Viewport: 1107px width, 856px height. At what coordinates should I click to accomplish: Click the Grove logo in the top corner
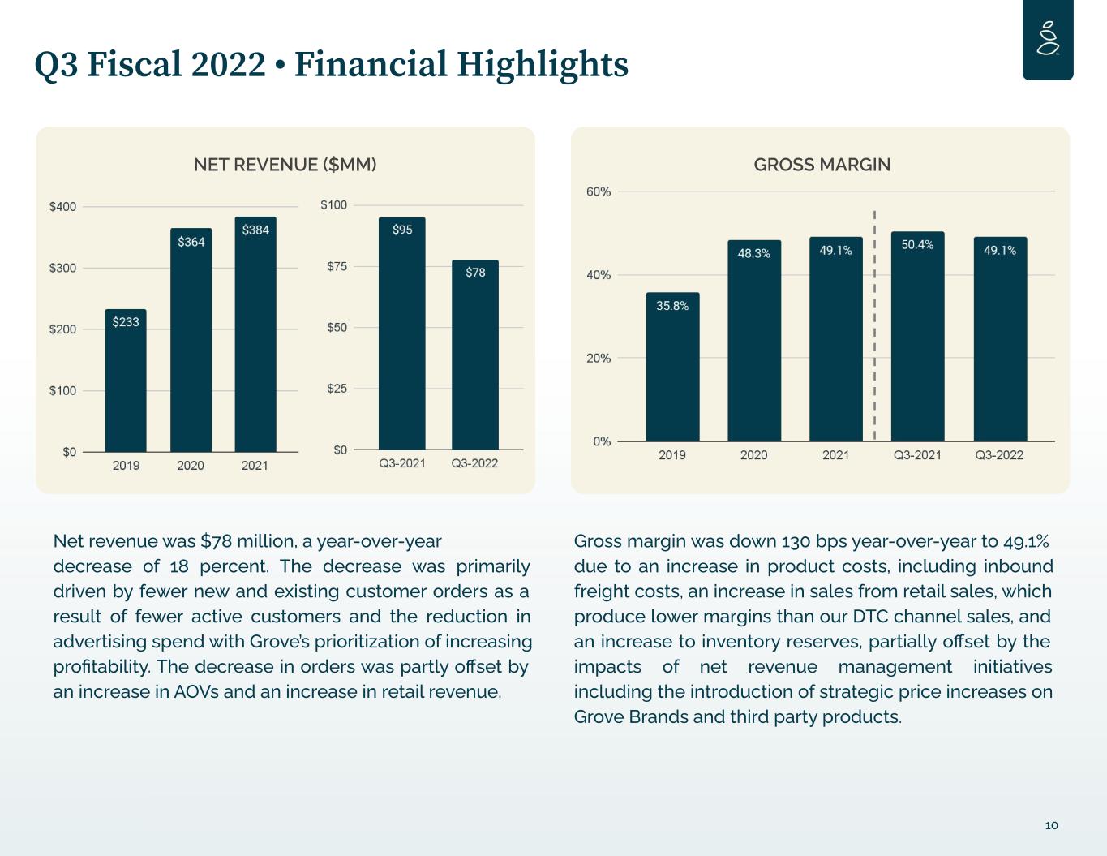pos(1048,38)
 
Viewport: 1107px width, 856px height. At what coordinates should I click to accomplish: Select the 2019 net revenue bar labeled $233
pos(126,380)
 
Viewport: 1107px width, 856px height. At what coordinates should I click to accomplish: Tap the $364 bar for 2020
pos(191,340)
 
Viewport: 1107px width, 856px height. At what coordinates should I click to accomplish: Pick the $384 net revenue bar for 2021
pos(255,334)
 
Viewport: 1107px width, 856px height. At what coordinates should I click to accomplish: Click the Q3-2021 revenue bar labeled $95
pos(402,333)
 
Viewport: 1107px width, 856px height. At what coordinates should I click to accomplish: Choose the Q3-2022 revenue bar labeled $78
pos(474,355)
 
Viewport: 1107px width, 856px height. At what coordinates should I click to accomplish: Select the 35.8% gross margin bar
pos(672,367)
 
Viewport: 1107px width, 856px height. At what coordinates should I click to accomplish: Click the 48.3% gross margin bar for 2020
pos(754,340)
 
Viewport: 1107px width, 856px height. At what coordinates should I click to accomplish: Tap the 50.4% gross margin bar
pos(917,336)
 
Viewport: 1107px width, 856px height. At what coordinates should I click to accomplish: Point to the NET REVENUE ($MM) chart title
pos(285,165)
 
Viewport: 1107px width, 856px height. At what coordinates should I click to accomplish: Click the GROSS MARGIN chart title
pos(822,165)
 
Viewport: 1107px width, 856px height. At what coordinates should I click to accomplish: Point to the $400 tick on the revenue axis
pos(62,206)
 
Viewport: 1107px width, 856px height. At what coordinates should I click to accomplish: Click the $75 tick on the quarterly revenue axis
pos(337,266)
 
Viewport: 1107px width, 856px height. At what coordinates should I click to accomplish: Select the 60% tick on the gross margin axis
pos(598,191)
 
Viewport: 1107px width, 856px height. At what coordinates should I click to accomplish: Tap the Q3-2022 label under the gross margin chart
pos(999,455)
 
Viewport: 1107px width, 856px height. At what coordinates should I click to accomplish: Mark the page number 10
pos(1052,825)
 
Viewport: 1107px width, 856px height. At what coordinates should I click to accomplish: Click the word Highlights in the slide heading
pos(543,65)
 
